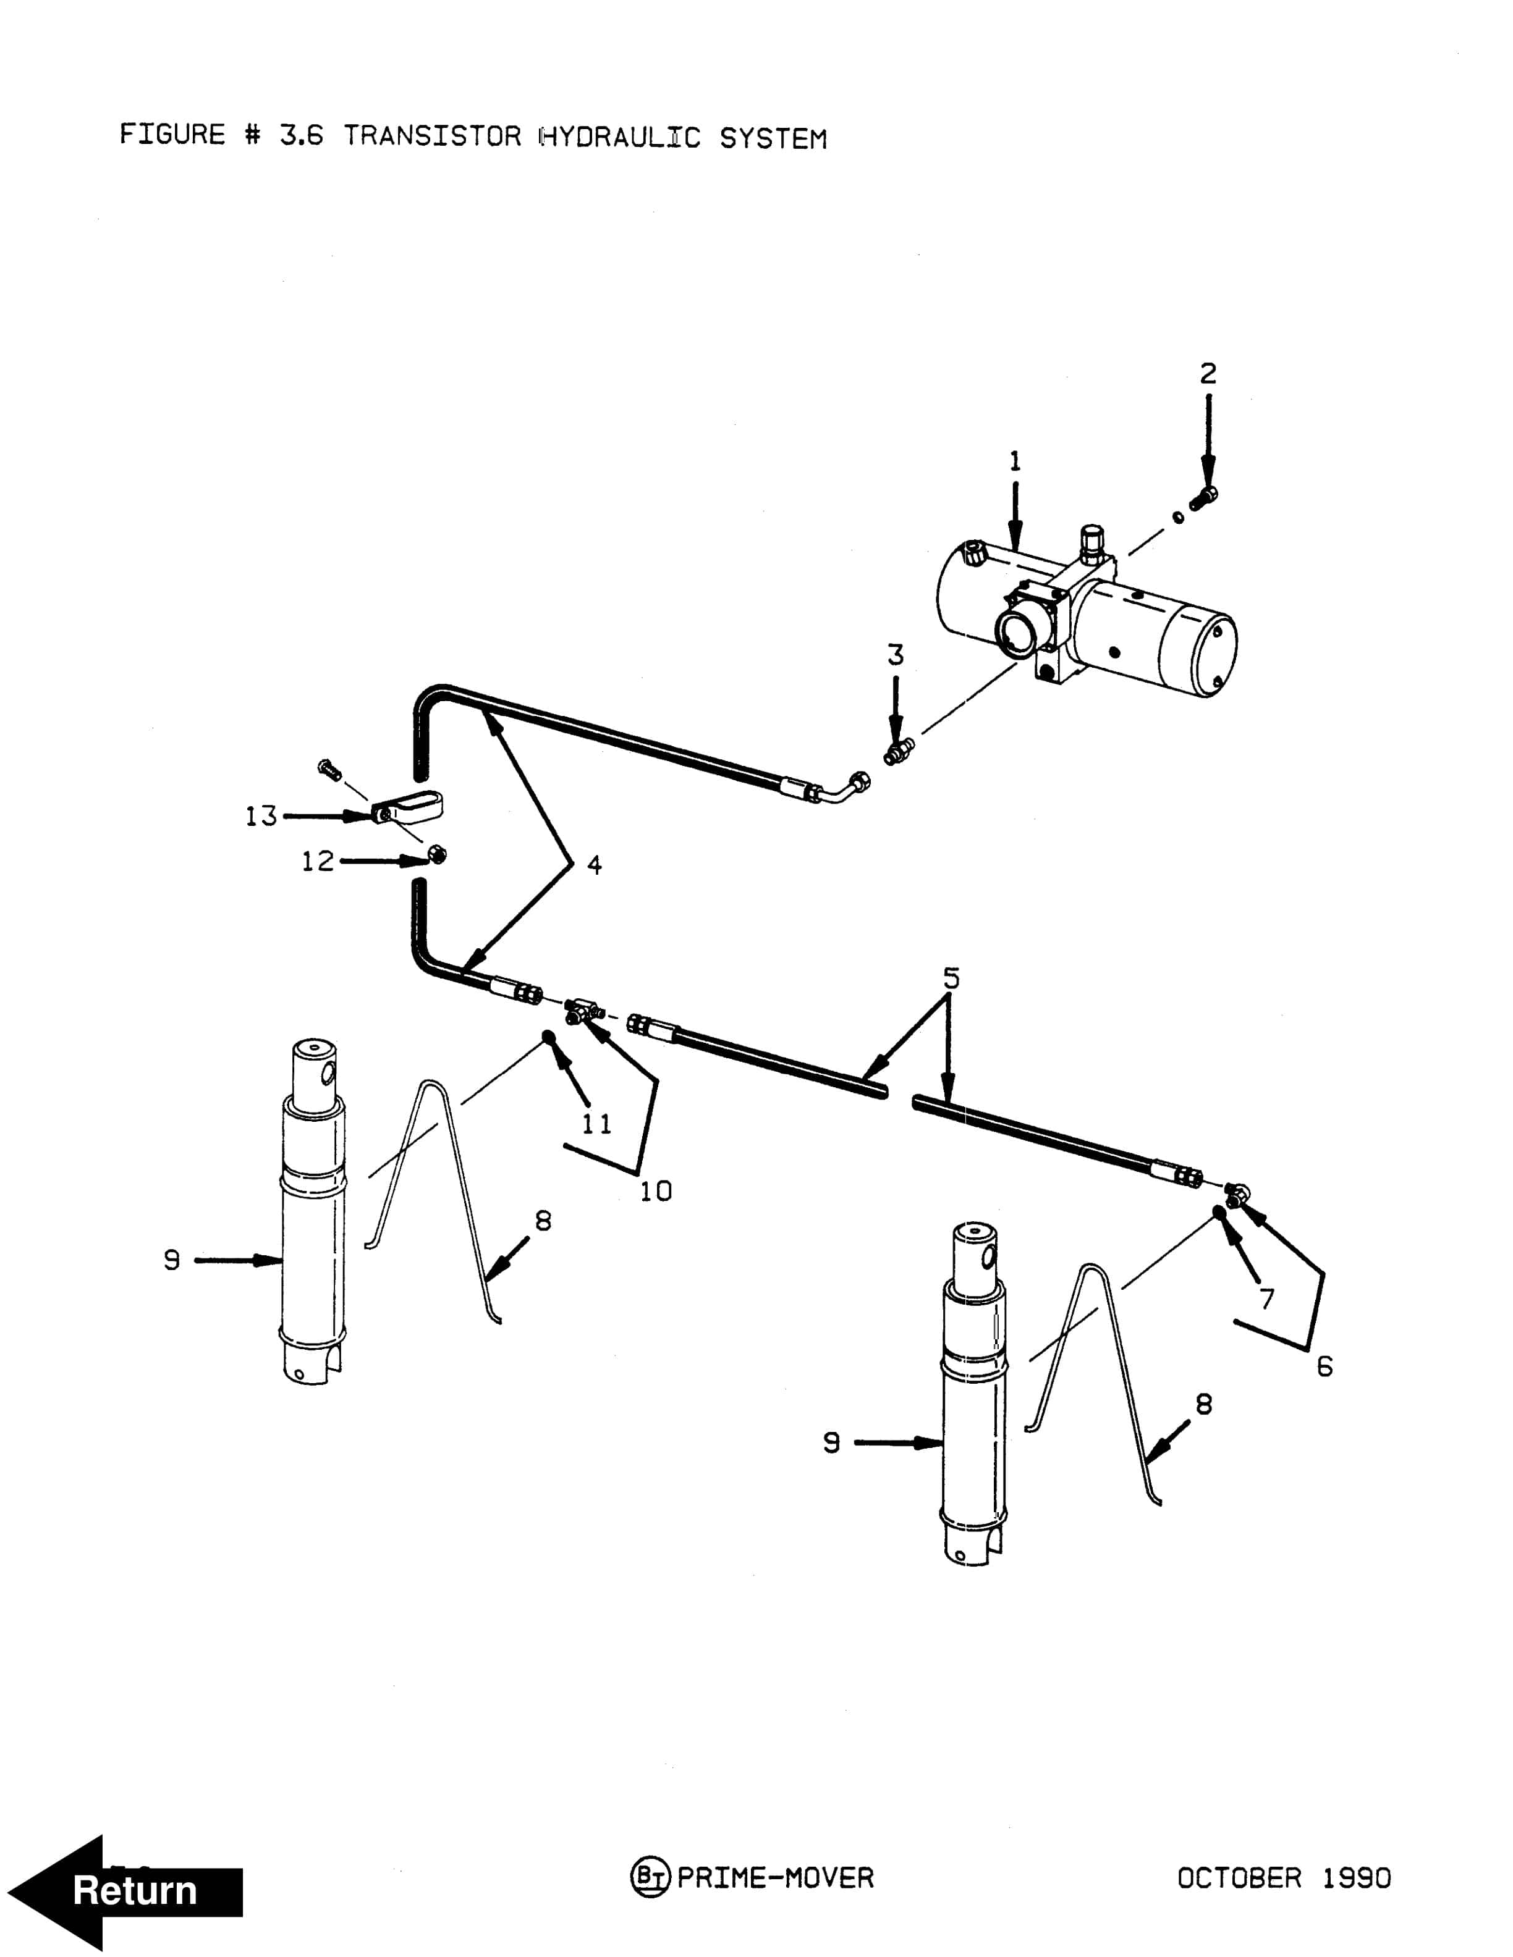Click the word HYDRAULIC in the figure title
point(619,137)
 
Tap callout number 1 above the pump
point(1015,461)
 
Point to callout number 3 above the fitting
point(896,655)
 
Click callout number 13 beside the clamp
point(261,816)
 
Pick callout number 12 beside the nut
point(317,861)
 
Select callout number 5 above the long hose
point(951,978)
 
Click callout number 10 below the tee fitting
point(655,1191)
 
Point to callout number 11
point(597,1124)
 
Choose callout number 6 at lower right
point(1324,1366)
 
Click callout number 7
point(1266,1298)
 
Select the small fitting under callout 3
point(897,751)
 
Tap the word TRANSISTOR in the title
point(432,136)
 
